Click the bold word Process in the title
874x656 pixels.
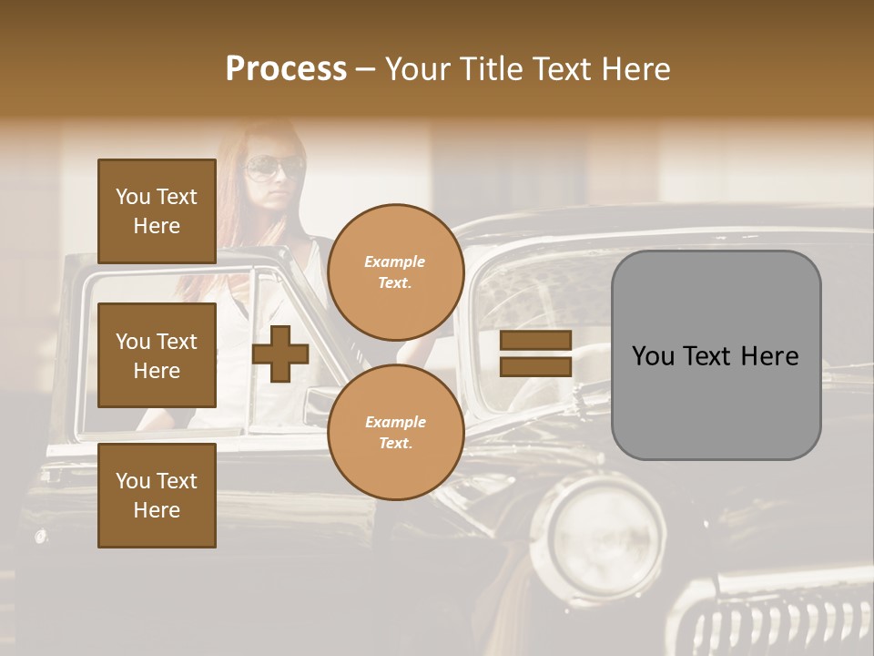click(x=286, y=69)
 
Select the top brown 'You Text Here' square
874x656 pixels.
click(x=157, y=211)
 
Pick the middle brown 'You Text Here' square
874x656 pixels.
click(x=157, y=355)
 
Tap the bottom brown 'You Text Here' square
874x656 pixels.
click(x=157, y=496)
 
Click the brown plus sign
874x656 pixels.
click(x=280, y=354)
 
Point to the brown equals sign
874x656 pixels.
click(x=535, y=354)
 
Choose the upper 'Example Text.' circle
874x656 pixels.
click(x=396, y=272)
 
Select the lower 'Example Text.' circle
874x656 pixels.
click(x=396, y=433)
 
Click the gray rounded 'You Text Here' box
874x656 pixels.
click(x=716, y=355)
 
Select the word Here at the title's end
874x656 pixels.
click(x=635, y=69)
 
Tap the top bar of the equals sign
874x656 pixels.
click(x=535, y=341)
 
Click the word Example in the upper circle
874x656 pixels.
click(x=395, y=261)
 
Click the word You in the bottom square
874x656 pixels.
click(x=133, y=481)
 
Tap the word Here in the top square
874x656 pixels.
click(x=157, y=226)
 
